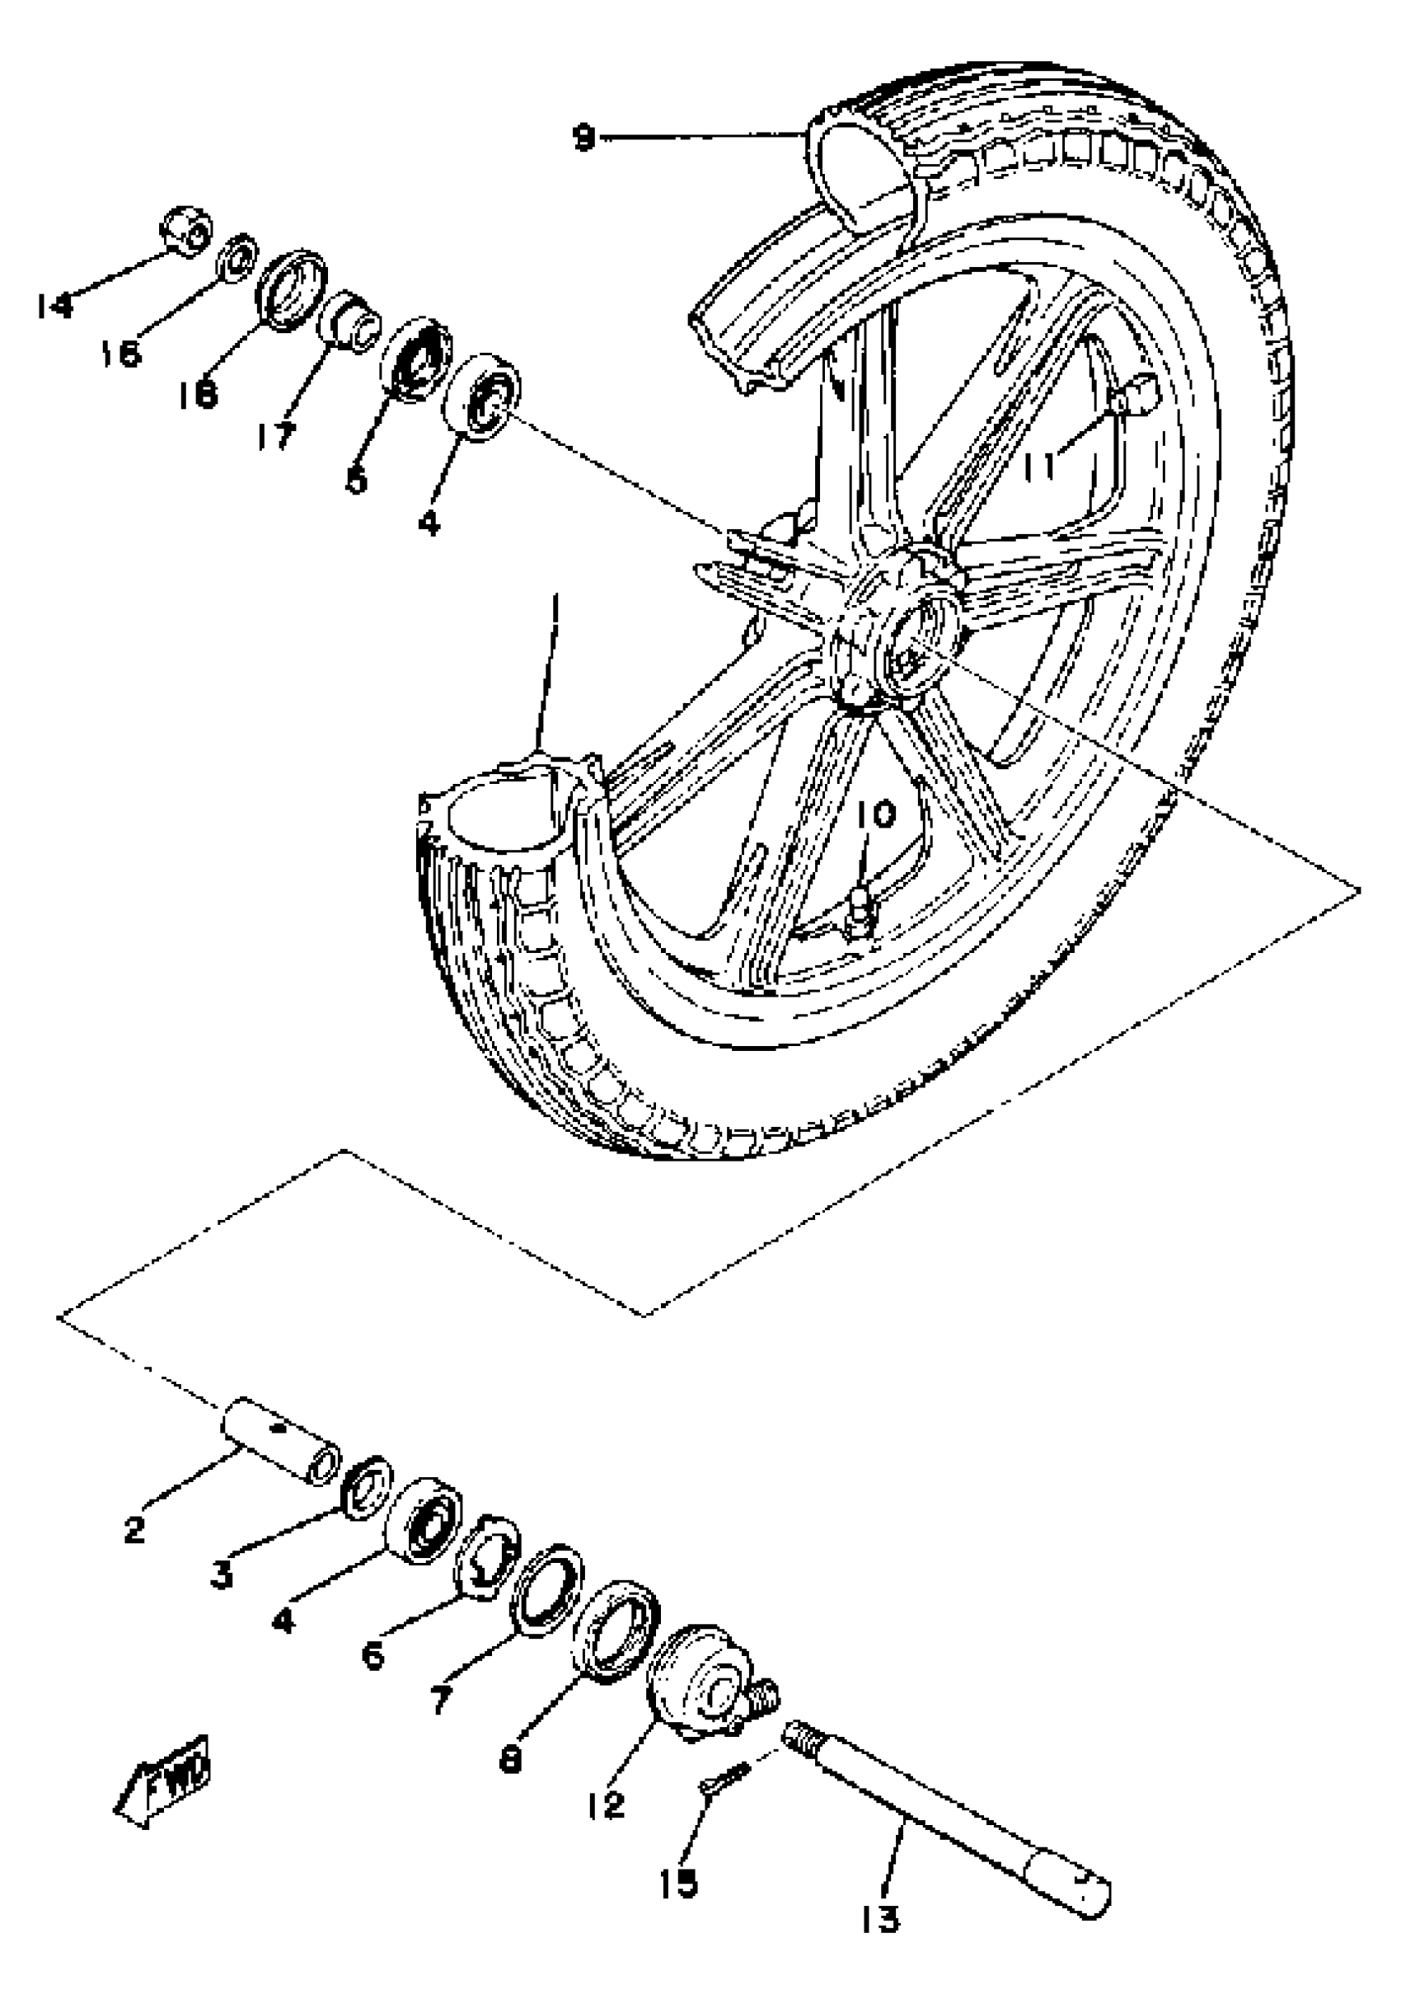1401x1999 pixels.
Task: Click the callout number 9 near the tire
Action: (x=584, y=138)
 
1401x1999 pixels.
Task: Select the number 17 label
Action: (x=277, y=435)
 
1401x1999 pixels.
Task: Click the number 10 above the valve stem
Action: (x=874, y=816)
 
